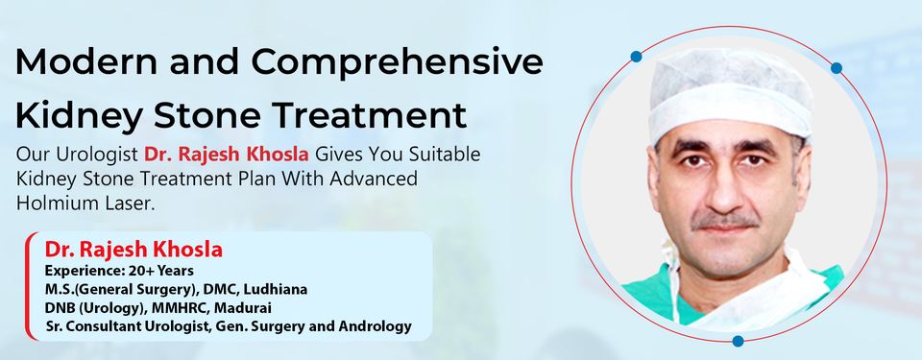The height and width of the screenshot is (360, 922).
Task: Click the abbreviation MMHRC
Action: pyautogui.click(x=164, y=308)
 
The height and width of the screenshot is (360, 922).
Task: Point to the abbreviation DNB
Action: pyautogui.click(x=61, y=308)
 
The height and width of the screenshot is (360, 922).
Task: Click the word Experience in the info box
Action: pyautogui.click(x=79, y=272)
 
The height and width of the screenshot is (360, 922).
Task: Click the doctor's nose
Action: pyautogui.click(x=726, y=191)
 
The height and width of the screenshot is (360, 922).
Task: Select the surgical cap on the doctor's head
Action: pyautogui.click(x=730, y=91)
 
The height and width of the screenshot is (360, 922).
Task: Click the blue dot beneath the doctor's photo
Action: pyautogui.click(x=738, y=341)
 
